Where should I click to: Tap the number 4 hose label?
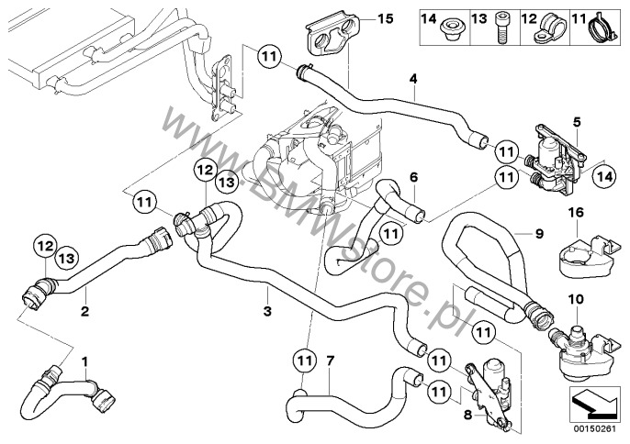(414, 80)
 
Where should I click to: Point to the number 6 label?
(414, 176)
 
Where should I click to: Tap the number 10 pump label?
(575, 299)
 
